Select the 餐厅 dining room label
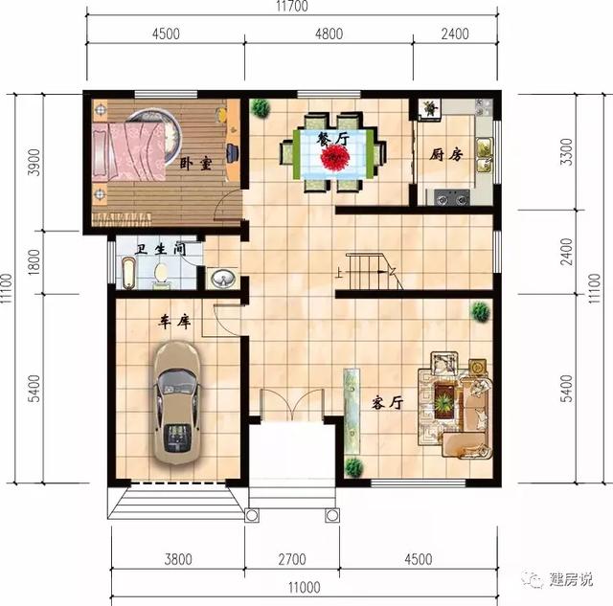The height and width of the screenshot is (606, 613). pyautogui.click(x=331, y=140)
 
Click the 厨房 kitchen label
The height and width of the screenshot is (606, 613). pyautogui.click(x=446, y=154)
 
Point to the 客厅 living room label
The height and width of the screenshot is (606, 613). pyautogui.click(x=385, y=403)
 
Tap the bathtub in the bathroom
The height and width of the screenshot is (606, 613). pyautogui.click(x=127, y=273)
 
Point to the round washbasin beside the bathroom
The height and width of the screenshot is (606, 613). pyautogui.click(x=223, y=279)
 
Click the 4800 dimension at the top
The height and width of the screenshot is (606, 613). pyautogui.click(x=328, y=34)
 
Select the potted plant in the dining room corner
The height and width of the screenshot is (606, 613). pyautogui.click(x=260, y=108)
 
